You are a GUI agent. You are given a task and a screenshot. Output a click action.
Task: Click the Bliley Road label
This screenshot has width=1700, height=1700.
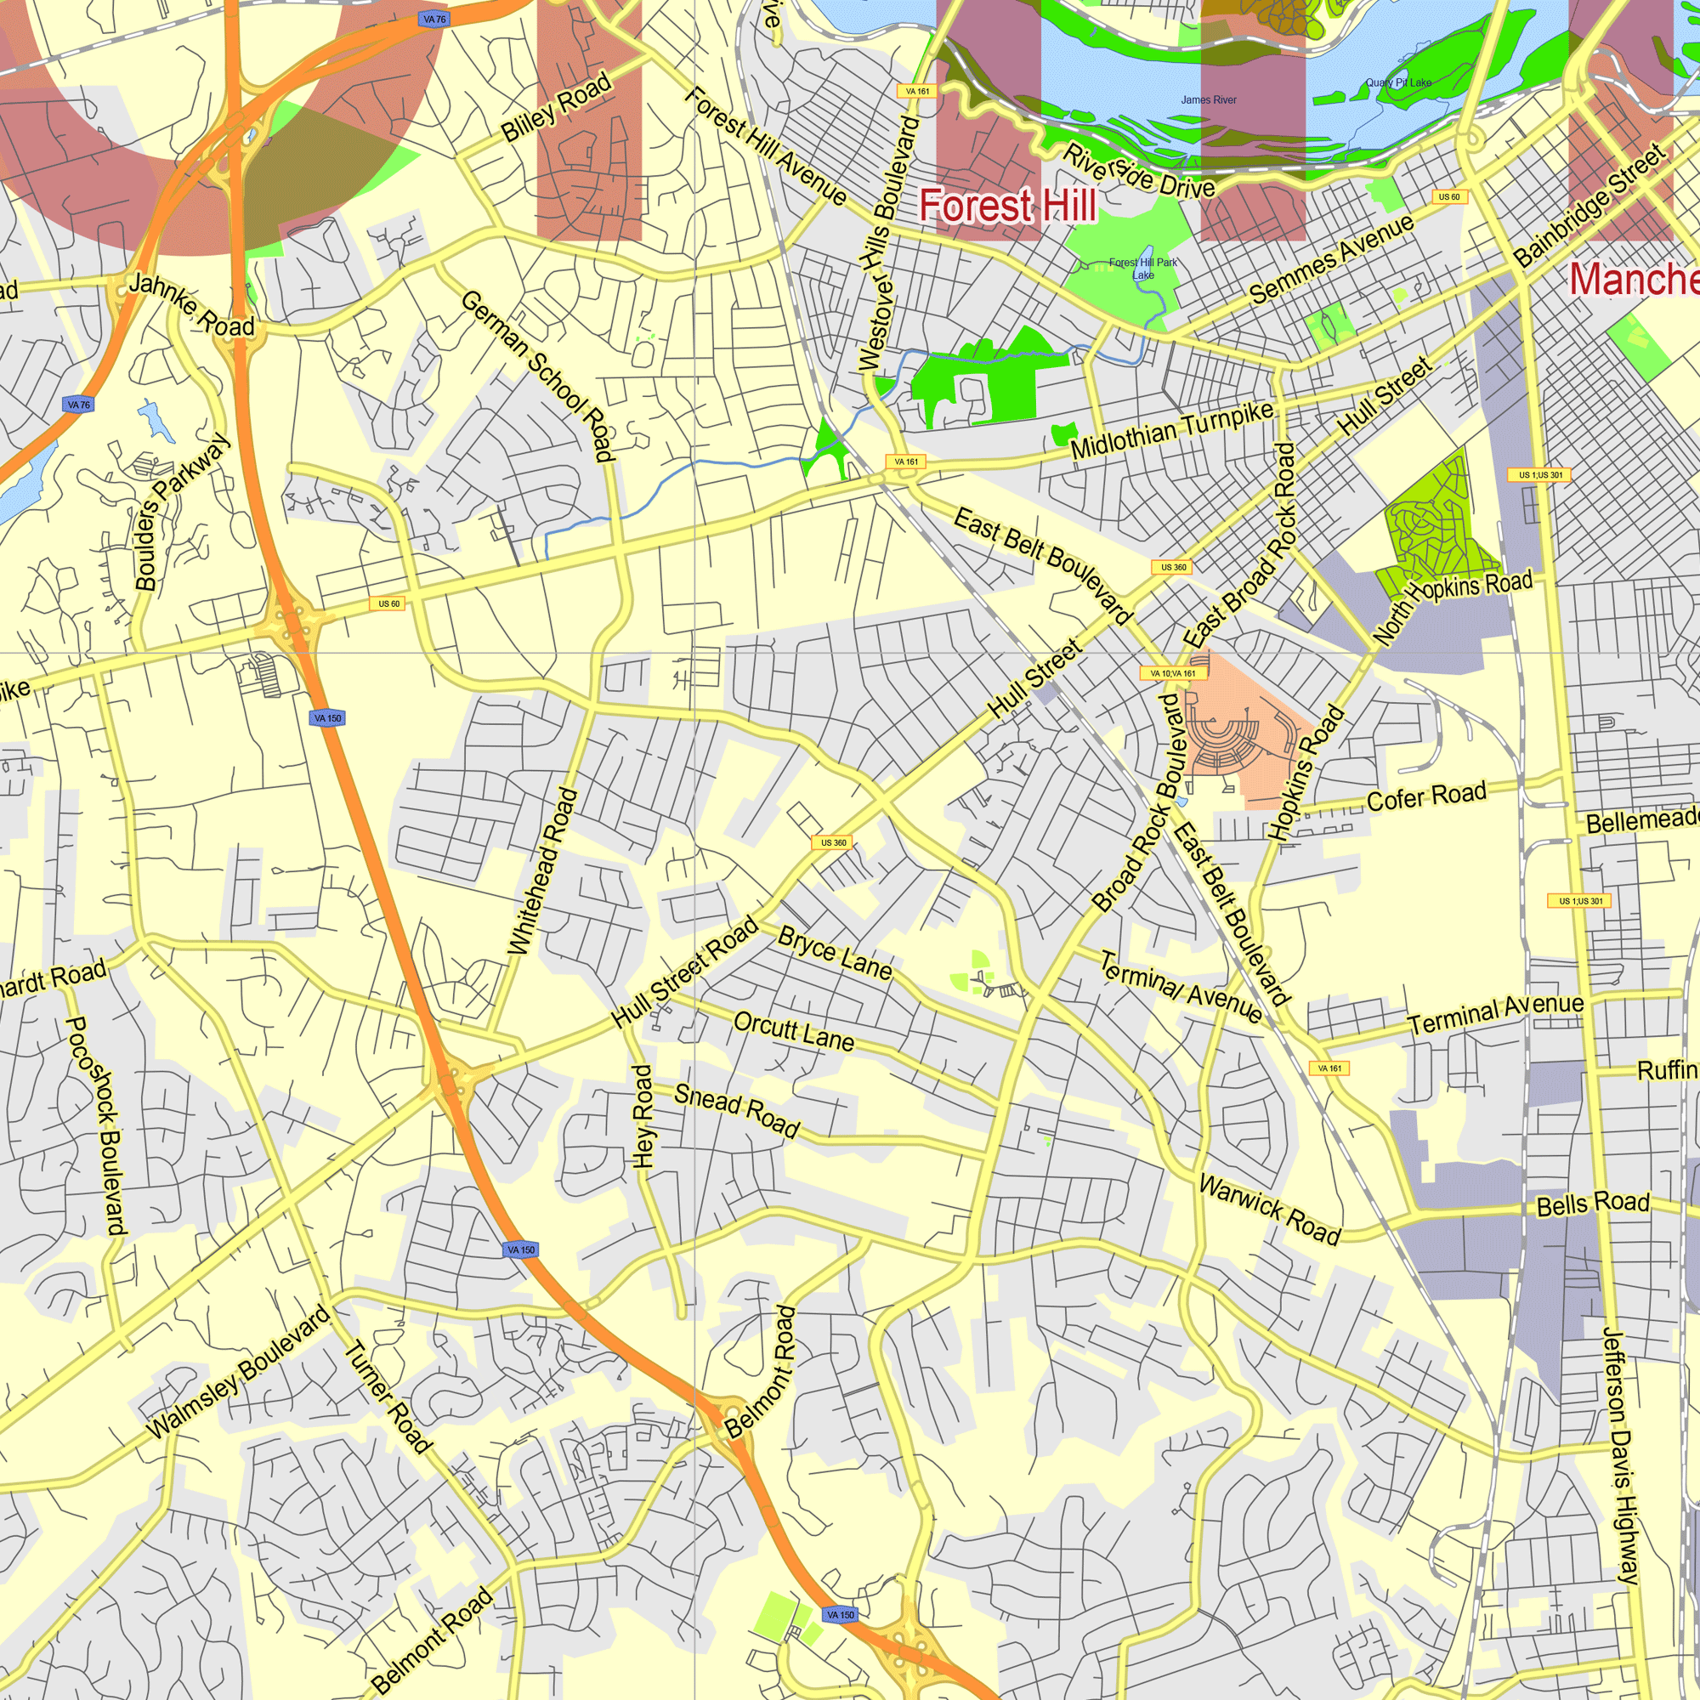[556, 107]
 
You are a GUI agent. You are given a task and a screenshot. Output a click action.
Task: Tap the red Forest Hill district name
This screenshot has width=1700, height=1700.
[1007, 206]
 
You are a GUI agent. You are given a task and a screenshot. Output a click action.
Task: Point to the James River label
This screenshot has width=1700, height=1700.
[1208, 100]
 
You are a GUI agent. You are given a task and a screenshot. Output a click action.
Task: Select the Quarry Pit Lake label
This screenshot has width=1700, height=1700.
[1398, 82]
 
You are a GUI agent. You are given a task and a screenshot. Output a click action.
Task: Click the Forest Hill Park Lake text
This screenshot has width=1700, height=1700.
[1142, 269]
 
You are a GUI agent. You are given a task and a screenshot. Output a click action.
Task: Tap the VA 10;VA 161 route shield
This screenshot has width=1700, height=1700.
[1173, 674]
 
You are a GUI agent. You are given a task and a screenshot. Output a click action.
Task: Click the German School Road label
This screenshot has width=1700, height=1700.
[535, 376]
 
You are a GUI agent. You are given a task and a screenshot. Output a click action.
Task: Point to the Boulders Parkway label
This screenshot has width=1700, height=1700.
[181, 510]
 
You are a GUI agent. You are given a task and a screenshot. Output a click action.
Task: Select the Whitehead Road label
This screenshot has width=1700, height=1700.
[543, 870]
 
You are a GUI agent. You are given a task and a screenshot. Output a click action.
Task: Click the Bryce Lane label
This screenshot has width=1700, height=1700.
[834, 953]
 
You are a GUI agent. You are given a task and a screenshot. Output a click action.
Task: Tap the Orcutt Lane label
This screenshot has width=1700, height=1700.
[794, 1030]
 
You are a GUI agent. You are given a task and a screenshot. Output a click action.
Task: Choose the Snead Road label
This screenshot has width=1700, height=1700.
[736, 1110]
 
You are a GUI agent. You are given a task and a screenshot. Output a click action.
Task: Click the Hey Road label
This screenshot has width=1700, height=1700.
[643, 1116]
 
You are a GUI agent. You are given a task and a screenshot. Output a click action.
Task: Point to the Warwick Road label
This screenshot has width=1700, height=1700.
[1270, 1209]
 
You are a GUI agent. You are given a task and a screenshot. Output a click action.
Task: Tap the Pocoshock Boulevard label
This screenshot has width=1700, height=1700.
[98, 1125]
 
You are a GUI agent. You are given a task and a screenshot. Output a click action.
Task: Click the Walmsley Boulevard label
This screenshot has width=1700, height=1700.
[239, 1372]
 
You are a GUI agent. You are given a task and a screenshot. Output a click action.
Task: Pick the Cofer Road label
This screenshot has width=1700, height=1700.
[1426, 796]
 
